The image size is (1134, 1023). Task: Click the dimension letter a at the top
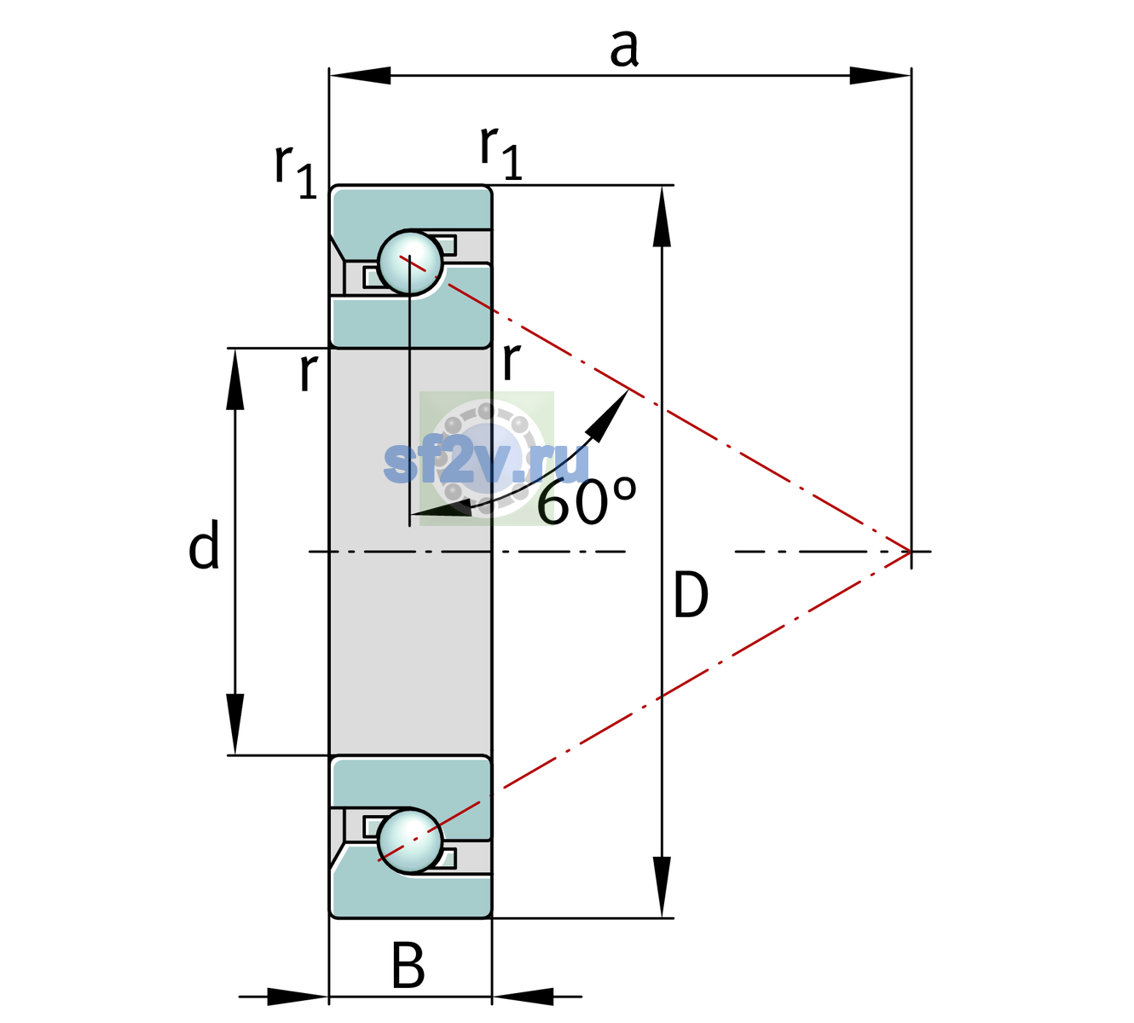coord(624,48)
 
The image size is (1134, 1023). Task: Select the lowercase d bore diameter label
coord(204,544)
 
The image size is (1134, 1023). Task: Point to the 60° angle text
coord(587,500)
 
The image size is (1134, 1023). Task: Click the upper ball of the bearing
coord(410,263)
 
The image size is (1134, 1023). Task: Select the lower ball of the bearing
coord(410,841)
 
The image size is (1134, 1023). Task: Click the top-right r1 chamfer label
coord(500,152)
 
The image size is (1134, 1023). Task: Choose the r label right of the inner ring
coord(511,361)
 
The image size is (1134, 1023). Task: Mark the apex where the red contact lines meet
coord(911,551)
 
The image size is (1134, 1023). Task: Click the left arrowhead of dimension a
coord(360,75)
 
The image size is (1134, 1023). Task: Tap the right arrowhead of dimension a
coord(880,75)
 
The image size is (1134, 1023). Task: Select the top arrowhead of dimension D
coord(662,217)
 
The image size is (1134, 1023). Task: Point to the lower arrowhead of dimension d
coord(234,725)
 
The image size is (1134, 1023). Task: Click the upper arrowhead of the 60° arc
coord(610,415)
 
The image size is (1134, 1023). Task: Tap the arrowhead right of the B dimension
coord(523,997)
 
